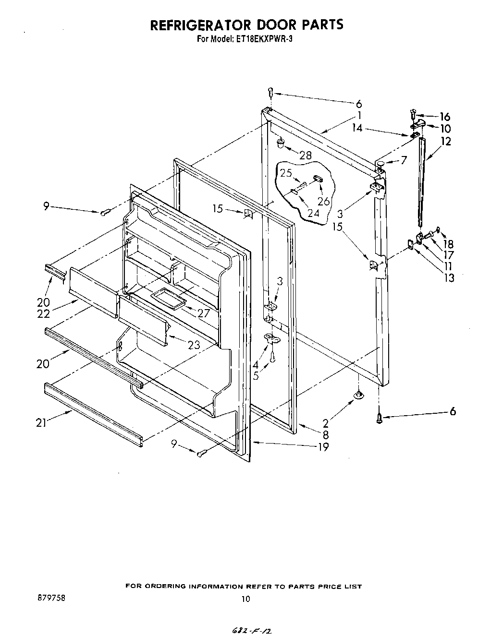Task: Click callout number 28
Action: point(305,155)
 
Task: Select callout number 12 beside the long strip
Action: point(446,142)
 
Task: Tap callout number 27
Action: point(204,313)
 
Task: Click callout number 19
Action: point(323,447)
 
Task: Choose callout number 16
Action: point(445,117)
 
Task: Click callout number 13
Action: point(449,277)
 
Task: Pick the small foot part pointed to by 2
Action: point(359,395)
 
